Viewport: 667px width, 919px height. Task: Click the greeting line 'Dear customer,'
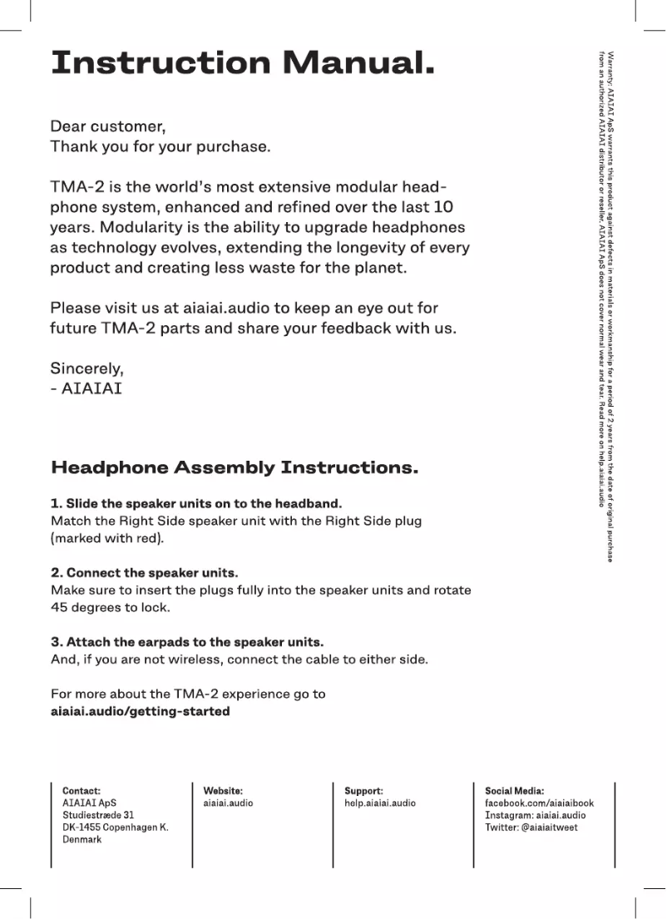[x=108, y=126]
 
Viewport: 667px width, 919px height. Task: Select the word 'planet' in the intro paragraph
[x=378, y=268]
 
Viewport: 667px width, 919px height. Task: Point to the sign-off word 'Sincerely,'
[x=86, y=368]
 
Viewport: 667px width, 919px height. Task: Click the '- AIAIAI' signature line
[x=86, y=388]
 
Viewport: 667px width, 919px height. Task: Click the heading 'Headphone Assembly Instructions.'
[x=235, y=467]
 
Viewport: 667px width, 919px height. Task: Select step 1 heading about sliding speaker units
[x=196, y=504]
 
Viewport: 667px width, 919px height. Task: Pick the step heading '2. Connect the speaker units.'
[x=145, y=573]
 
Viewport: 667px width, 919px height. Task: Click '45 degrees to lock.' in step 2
[x=111, y=607]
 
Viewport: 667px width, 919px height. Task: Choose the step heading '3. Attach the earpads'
[x=187, y=642]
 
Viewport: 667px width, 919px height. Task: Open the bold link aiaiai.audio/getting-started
[x=141, y=711]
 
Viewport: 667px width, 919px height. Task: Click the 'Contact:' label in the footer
[x=82, y=791]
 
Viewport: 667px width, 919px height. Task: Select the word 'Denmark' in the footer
[x=82, y=839]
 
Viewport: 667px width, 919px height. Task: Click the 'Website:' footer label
[x=223, y=791]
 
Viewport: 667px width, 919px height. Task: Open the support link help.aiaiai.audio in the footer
[x=380, y=803]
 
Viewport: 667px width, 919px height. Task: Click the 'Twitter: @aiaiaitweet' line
[x=531, y=828]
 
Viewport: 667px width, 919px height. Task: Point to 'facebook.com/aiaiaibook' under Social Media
[x=539, y=803]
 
